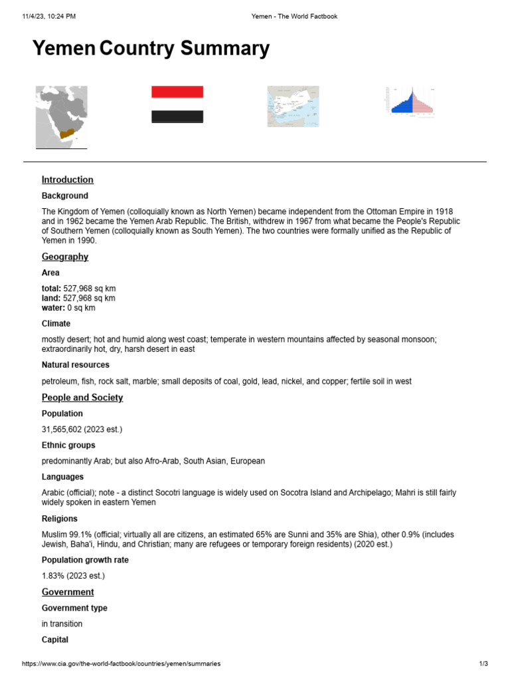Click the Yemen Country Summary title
(x=151, y=49)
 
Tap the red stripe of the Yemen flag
(x=177, y=92)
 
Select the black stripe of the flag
(x=177, y=117)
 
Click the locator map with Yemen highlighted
(x=61, y=117)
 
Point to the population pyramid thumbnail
(x=410, y=102)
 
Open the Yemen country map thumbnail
(x=293, y=106)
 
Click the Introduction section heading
(x=67, y=180)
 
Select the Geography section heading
(x=64, y=257)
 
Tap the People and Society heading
(x=82, y=398)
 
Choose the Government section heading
(x=68, y=592)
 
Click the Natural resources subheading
(x=75, y=365)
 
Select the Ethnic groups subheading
(x=68, y=446)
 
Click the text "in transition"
(x=62, y=624)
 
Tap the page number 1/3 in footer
(x=483, y=664)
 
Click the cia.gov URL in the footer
(x=121, y=664)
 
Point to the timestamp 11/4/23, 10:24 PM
(x=49, y=16)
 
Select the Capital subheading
(x=54, y=640)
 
